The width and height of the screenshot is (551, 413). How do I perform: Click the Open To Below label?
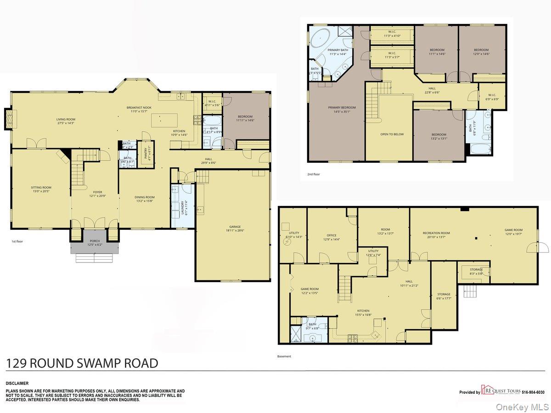point(392,134)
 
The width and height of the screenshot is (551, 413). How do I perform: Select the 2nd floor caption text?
point(314,174)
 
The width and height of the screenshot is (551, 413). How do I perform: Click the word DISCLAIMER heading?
point(17,383)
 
